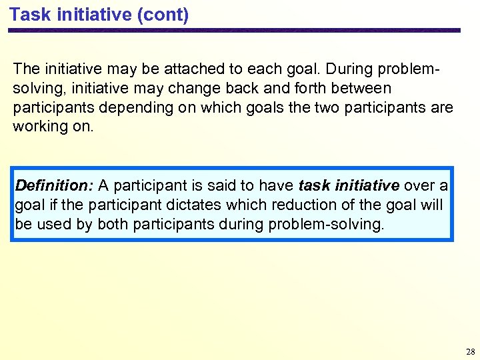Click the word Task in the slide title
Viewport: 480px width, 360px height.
tap(27, 14)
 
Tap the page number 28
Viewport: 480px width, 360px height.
tap(471, 351)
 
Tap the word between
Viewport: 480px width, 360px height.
tap(364, 88)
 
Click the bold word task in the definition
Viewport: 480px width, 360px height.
tap(313, 185)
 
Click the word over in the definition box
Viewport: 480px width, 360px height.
tap(419, 185)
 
